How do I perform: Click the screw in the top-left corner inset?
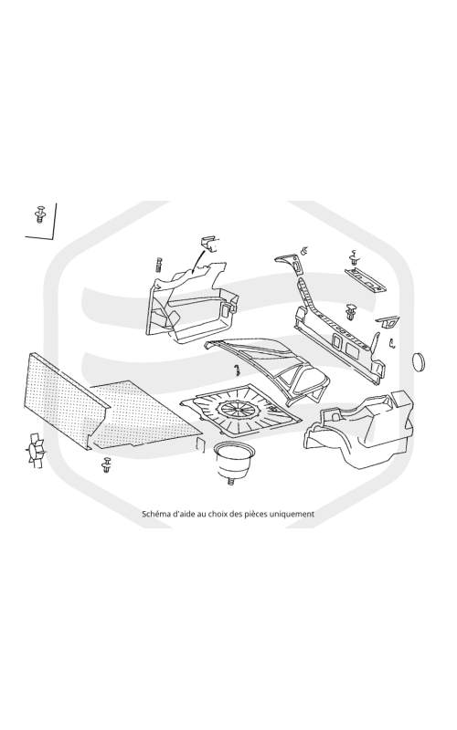point(40,214)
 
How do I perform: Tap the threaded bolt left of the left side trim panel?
point(158,266)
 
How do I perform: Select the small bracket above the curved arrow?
point(209,244)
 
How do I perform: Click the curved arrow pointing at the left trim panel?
point(198,260)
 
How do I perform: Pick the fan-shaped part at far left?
point(36,450)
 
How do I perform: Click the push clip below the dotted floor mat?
point(107,464)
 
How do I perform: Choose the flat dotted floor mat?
point(144,414)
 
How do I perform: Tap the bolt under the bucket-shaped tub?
point(230,482)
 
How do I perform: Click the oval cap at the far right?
point(420,362)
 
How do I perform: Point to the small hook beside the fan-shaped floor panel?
point(237,370)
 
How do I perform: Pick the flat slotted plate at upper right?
point(366,280)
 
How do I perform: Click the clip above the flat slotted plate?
point(354,258)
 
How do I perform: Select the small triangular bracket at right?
point(388,322)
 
